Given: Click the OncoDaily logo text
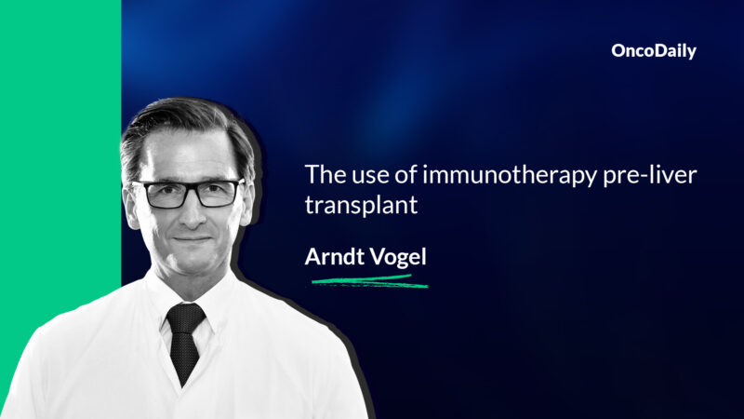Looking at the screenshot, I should (x=653, y=52).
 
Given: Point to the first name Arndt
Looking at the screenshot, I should (x=334, y=256).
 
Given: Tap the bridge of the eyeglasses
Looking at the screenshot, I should (x=189, y=189).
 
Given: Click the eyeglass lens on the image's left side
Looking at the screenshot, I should (x=161, y=194).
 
